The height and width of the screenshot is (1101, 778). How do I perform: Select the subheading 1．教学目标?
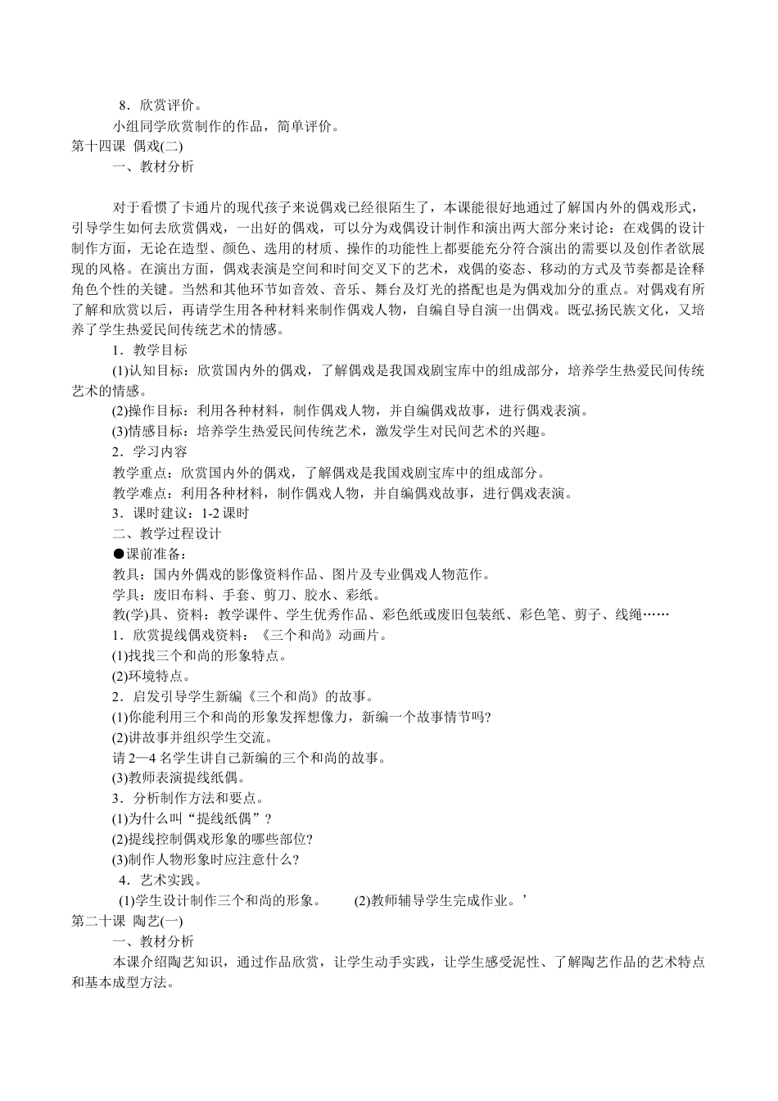[150, 350]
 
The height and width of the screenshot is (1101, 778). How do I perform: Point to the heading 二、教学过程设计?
[167, 534]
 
